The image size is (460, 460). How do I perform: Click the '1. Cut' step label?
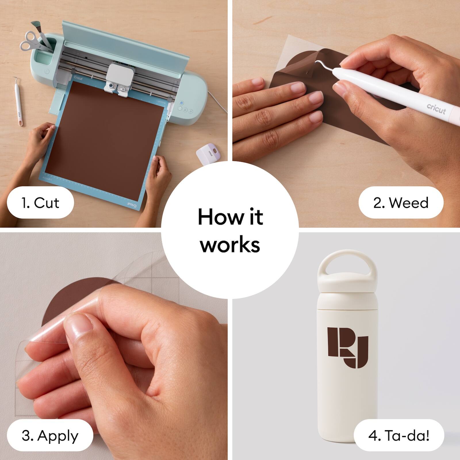pos(40,203)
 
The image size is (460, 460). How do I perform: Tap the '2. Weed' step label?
pos(401,203)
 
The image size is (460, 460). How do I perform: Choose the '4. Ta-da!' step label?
pos(399,436)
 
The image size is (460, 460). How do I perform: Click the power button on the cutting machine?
pos(182,103)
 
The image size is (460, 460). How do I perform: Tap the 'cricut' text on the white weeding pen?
pos(436,109)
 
